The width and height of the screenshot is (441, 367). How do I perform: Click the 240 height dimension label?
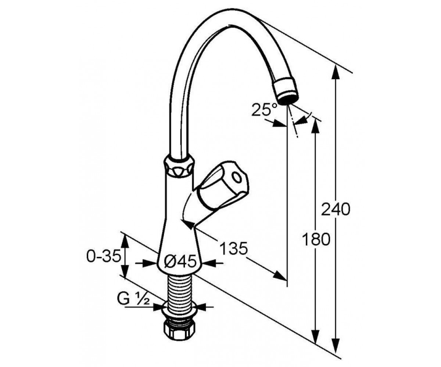(336, 209)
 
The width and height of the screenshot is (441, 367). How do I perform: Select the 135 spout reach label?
(233, 248)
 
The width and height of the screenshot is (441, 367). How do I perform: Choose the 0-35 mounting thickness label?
(104, 256)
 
